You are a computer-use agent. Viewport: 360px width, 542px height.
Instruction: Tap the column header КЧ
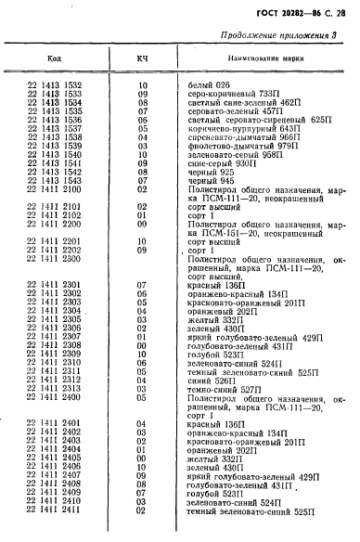click(x=143, y=59)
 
